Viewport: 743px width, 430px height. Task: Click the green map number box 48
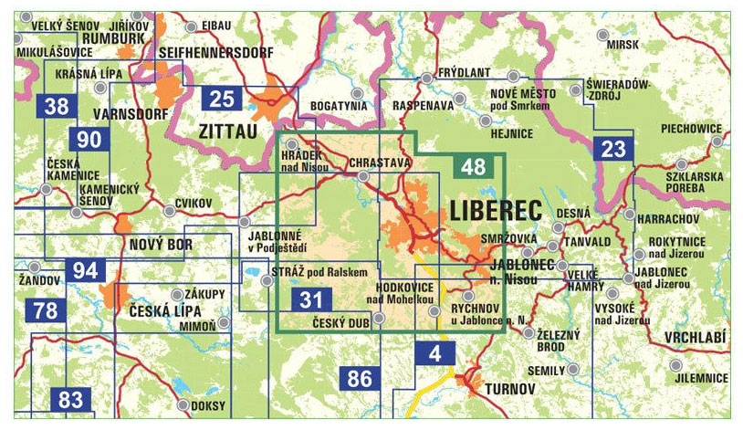click(474, 167)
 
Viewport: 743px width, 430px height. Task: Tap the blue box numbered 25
click(222, 100)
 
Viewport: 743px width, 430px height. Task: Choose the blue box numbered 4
click(434, 352)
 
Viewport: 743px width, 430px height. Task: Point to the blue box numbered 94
click(86, 270)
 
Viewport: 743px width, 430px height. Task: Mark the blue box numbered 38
click(58, 106)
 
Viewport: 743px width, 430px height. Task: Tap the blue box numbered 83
click(69, 399)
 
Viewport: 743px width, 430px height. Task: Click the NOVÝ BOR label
click(161, 245)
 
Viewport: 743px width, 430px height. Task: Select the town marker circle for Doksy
click(183, 405)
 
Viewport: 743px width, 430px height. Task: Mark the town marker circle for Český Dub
click(379, 318)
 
